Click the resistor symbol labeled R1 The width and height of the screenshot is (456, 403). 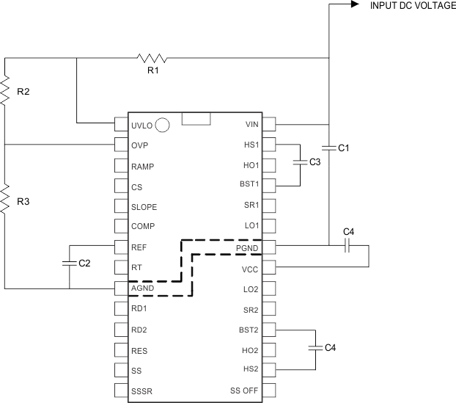coord(152,57)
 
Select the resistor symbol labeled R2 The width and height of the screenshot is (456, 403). coord(5,91)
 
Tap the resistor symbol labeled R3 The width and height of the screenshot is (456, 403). coord(5,200)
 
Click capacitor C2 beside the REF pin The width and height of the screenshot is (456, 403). coord(70,261)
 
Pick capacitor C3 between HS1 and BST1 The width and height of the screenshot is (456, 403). coord(300,161)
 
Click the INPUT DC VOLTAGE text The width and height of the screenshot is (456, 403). coord(402,6)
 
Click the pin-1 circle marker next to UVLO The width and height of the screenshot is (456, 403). coord(163,125)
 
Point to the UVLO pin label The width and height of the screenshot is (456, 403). coord(141,126)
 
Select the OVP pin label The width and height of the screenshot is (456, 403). coord(139,145)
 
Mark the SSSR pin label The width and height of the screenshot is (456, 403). coord(141,390)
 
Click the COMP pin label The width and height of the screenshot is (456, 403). coord(142,227)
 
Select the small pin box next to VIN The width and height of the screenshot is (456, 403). coord(269,125)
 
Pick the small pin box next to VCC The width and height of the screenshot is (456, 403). coord(269,268)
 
